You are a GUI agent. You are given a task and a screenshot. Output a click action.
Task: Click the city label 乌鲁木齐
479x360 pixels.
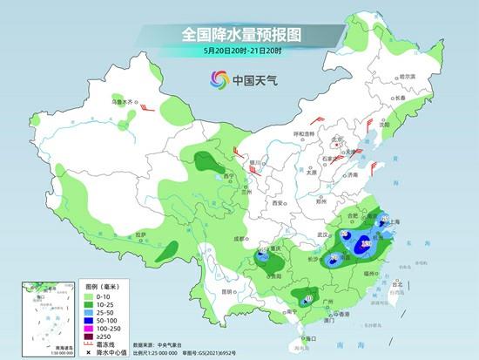(124, 101)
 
